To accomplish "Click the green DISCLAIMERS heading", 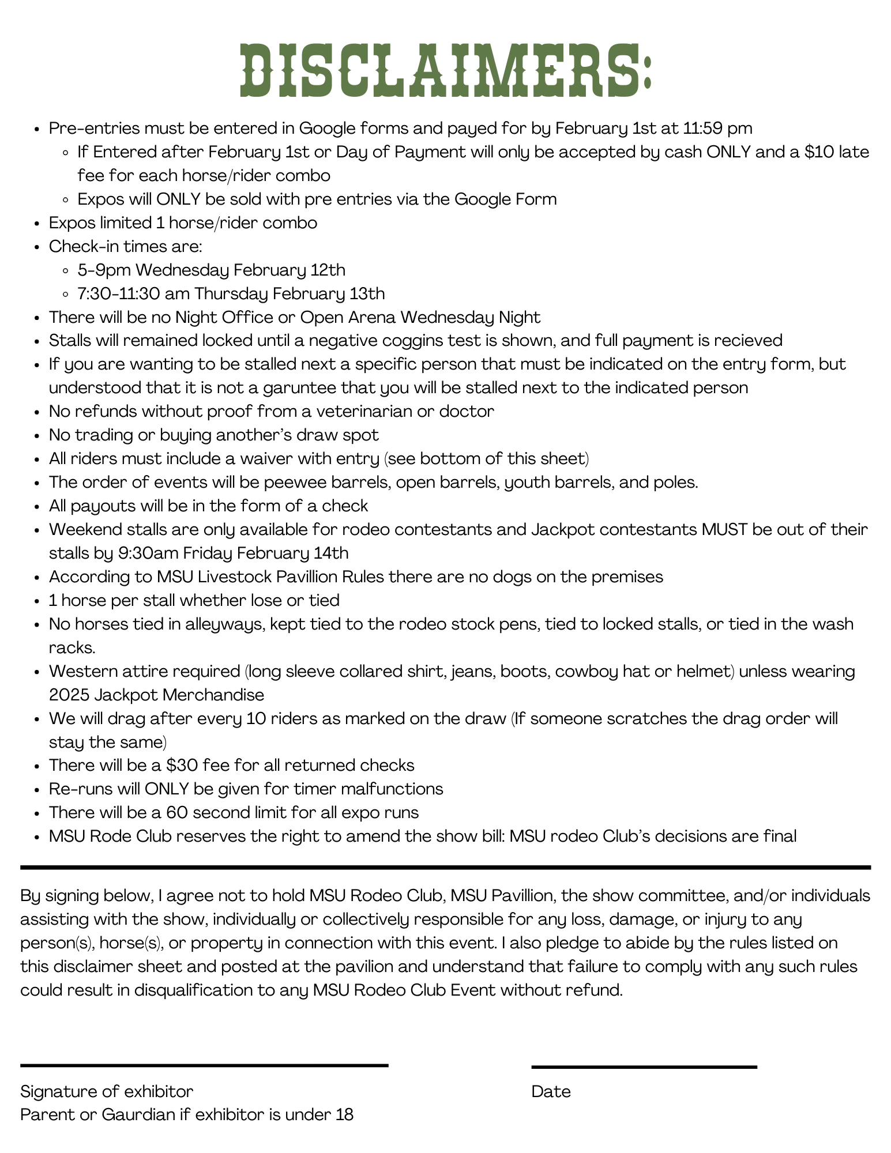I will pyautogui.click(x=446, y=71).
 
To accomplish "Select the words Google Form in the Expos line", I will pyautogui.click(x=506, y=199).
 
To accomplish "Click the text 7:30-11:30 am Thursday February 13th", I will pyautogui.click(x=231, y=293).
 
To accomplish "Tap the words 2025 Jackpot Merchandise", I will pyautogui.click(x=156, y=695).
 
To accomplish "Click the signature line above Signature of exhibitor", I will pyautogui.click(x=204, y=1065).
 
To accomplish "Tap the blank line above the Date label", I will pyautogui.click(x=644, y=1067).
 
